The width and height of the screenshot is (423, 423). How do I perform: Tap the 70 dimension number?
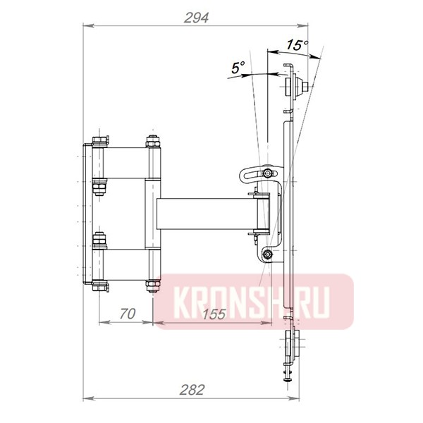click(x=126, y=314)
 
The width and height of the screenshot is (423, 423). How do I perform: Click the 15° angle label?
click(x=297, y=45)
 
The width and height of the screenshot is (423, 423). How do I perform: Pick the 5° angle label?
click(x=238, y=68)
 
